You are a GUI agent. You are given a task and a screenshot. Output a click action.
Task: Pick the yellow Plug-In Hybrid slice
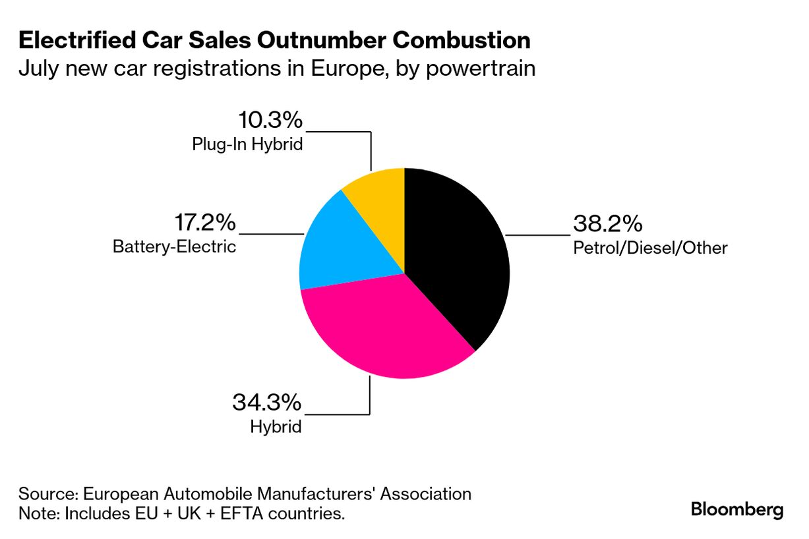coord(379,194)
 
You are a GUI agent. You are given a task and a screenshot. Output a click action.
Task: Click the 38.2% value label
coord(607,224)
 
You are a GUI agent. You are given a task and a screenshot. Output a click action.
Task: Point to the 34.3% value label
coord(266,402)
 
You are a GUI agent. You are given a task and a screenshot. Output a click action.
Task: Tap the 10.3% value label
coord(269,121)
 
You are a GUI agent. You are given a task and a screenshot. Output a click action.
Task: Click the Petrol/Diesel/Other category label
coord(649,248)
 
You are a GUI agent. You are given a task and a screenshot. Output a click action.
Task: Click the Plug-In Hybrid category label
coord(247,144)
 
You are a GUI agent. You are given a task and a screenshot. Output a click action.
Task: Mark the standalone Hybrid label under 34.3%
coord(276,426)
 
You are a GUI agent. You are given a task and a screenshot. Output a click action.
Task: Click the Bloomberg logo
coord(737,509)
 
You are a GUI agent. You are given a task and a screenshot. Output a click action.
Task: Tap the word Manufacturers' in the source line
coord(315,494)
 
